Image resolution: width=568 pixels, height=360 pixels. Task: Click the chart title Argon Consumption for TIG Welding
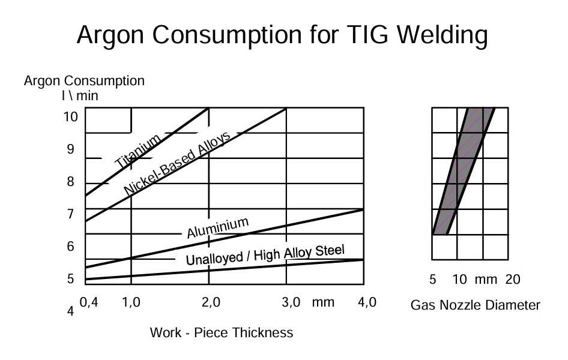tap(282, 35)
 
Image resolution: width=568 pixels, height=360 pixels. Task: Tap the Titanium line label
tap(138, 151)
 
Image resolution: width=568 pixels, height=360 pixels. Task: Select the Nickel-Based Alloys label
tap(177, 163)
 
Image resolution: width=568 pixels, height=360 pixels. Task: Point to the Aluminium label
tap(218, 227)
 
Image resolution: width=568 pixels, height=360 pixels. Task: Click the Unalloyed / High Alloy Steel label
tap(265, 255)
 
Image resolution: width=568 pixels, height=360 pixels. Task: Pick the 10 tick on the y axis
tap(71, 116)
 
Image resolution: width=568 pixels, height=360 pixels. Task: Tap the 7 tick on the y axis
tap(71, 214)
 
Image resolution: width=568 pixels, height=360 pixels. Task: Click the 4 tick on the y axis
tap(71, 311)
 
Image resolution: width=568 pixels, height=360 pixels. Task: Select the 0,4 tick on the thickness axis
tap(89, 302)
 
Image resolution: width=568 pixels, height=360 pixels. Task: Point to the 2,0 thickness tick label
tap(211, 302)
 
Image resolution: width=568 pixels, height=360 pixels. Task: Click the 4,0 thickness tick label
tap(367, 302)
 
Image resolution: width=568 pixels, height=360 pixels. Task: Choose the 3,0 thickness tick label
tap(291, 302)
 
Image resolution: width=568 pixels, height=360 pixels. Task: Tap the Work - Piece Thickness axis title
tap(222, 332)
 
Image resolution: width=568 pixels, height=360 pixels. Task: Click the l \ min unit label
tap(80, 96)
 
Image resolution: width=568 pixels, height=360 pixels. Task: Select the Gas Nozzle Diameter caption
tap(476, 305)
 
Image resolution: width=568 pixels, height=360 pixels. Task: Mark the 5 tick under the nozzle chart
tap(432, 280)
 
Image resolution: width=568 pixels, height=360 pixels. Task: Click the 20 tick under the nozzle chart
tap(513, 280)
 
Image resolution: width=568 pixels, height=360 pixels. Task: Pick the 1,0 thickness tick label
tap(131, 302)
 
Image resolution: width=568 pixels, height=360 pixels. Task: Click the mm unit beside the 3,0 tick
tap(323, 302)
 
